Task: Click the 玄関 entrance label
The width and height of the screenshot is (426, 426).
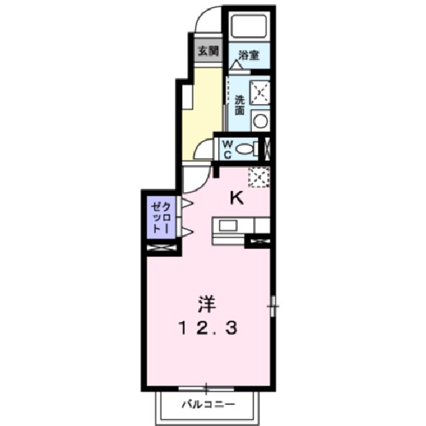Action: (209, 52)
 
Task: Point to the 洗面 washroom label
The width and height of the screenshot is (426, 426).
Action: (238, 105)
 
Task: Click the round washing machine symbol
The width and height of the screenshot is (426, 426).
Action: (261, 121)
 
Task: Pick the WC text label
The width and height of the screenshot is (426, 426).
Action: (227, 149)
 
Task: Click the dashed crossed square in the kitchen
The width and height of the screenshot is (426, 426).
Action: (258, 176)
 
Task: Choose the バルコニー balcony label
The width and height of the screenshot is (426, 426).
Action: (207, 404)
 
